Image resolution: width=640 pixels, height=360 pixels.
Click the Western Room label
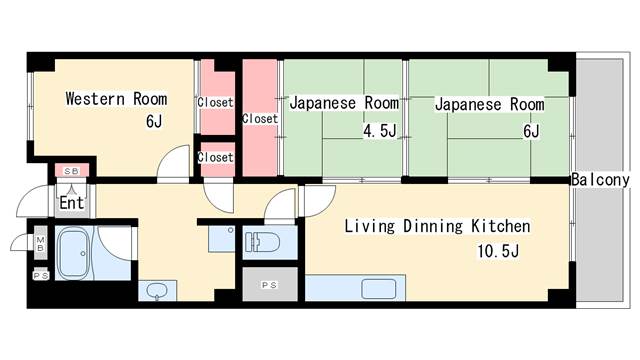point(116,99)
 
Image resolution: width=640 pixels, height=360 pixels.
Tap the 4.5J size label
point(380,131)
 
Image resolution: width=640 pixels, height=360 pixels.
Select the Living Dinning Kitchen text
point(437,226)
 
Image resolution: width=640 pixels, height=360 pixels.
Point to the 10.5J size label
point(498,251)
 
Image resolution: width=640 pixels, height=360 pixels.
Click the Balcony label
point(600,180)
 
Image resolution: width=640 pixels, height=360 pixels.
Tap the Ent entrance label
point(72,202)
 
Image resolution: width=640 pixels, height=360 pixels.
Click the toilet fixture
point(262,242)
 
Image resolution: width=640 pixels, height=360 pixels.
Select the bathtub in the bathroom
point(72,253)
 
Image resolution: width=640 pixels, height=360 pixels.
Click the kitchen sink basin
point(379,289)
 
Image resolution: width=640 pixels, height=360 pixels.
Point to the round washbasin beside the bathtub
point(157,291)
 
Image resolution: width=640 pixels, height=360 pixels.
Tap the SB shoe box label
point(72,171)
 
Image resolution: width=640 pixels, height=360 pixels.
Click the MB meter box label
point(40,244)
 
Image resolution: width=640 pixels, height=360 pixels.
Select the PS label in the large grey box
point(269,285)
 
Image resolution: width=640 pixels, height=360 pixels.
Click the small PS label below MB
point(40,276)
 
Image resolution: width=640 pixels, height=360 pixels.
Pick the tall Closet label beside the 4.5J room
point(260,118)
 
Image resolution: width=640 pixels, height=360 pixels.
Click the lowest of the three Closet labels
point(215,157)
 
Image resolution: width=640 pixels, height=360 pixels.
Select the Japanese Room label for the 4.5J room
point(344,103)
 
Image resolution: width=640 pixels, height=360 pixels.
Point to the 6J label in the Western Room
point(154,121)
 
